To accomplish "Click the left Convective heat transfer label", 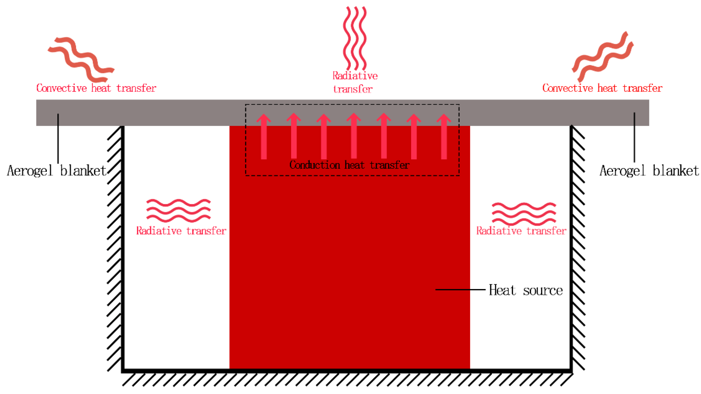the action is pyautogui.click(x=96, y=88).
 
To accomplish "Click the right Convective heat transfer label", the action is pyautogui.click(x=602, y=88).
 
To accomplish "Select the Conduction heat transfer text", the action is pyautogui.click(x=349, y=165).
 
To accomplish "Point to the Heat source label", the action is pyautogui.click(x=525, y=290).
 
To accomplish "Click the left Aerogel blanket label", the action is pyautogui.click(x=57, y=171).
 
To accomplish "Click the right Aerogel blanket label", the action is pyautogui.click(x=649, y=171).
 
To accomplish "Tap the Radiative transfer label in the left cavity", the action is pyautogui.click(x=181, y=231).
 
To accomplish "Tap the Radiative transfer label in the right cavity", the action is pyautogui.click(x=521, y=231).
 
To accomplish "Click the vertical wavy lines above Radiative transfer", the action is pyautogui.click(x=355, y=38).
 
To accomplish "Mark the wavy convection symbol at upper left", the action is pyautogui.click(x=81, y=59).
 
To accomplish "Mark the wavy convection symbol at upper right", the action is pyautogui.click(x=603, y=57).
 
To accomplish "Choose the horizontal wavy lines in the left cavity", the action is pyautogui.click(x=178, y=211).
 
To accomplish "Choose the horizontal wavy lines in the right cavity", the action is pyautogui.click(x=524, y=214).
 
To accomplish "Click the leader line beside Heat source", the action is pyautogui.click(x=460, y=290).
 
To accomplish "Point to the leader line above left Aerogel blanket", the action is pyautogui.click(x=58, y=139).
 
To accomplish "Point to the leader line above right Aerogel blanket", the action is pyautogui.click(x=634, y=137).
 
